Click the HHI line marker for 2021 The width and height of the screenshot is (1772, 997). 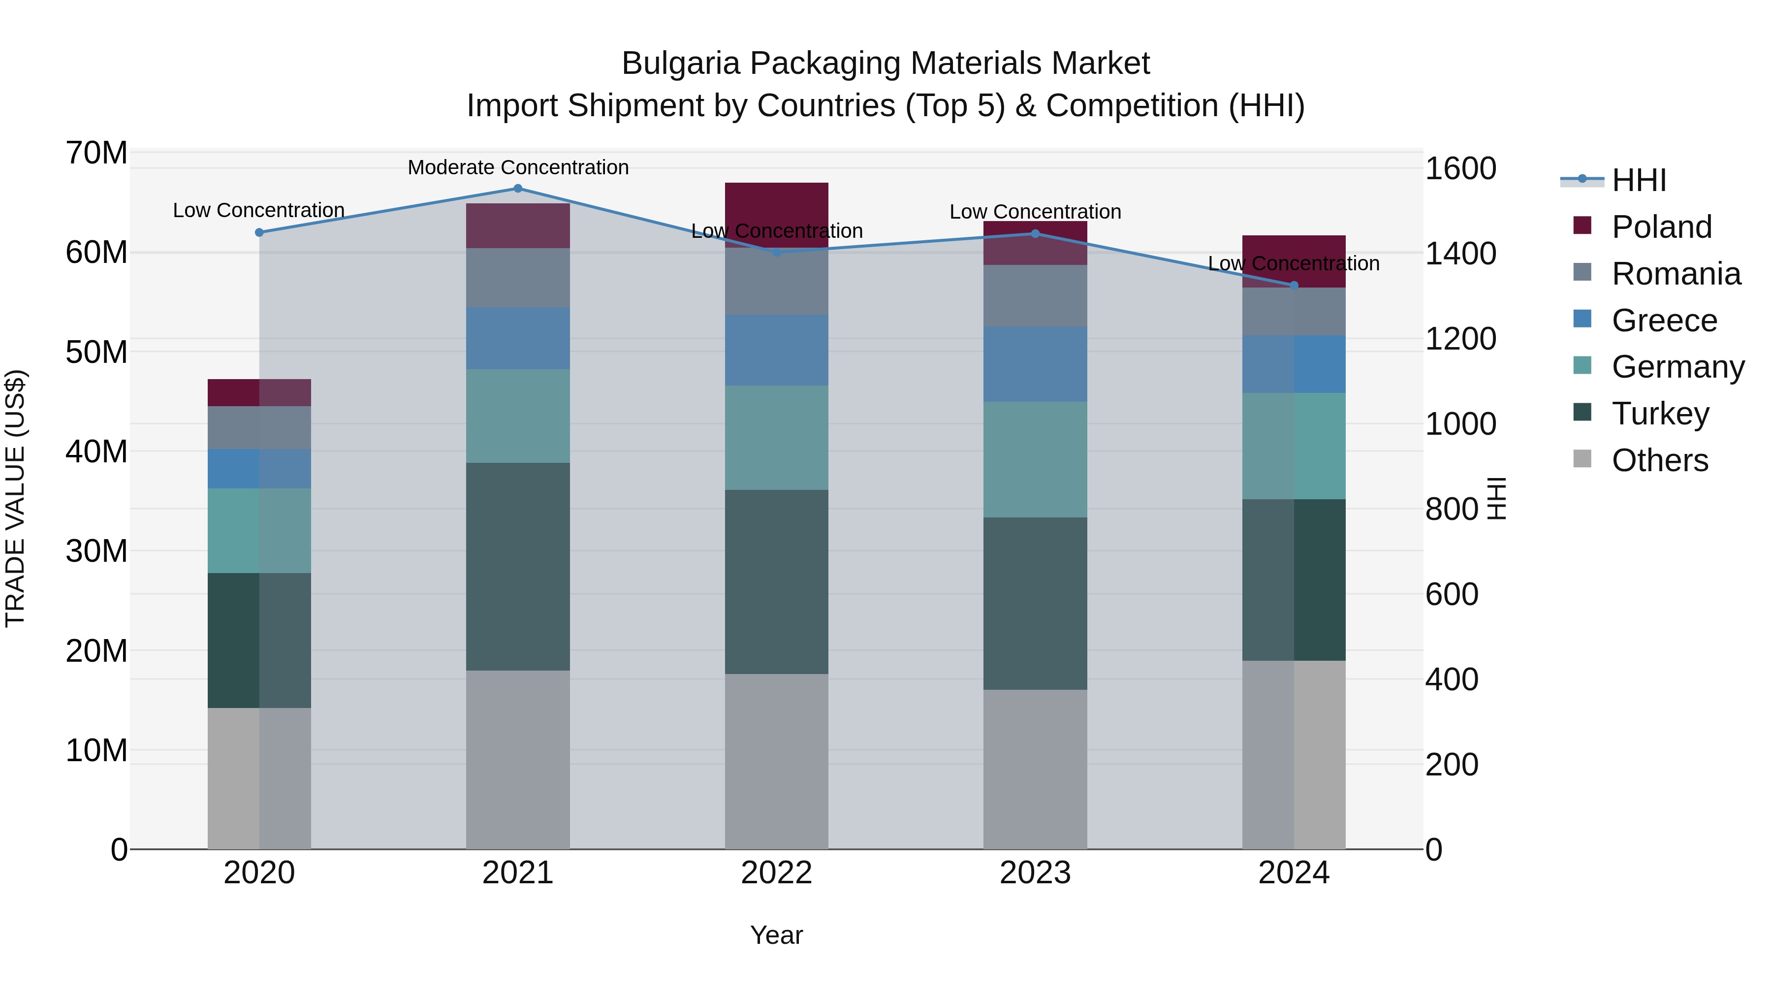click(518, 189)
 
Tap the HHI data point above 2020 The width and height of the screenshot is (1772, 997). click(259, 232)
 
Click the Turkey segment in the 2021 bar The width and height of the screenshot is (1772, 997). click(518, 566)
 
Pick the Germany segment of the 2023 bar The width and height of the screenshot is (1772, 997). click(1035, 460)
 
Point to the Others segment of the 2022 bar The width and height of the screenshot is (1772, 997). click(777, 761)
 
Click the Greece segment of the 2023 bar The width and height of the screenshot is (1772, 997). click(1035, 364)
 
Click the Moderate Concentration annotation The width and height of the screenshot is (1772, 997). click(518, 167)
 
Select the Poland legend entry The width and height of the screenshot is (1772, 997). click(1661, 227)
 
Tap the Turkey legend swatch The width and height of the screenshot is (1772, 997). click(1582, 413)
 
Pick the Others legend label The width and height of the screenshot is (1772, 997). click(1660, 460)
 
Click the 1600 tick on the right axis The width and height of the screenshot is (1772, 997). click(1460, 168)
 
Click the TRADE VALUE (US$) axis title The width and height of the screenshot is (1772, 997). click(15, 498)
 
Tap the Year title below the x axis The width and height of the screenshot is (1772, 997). click(777, 935)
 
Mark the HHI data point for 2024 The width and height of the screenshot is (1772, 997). click(1294, 286)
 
